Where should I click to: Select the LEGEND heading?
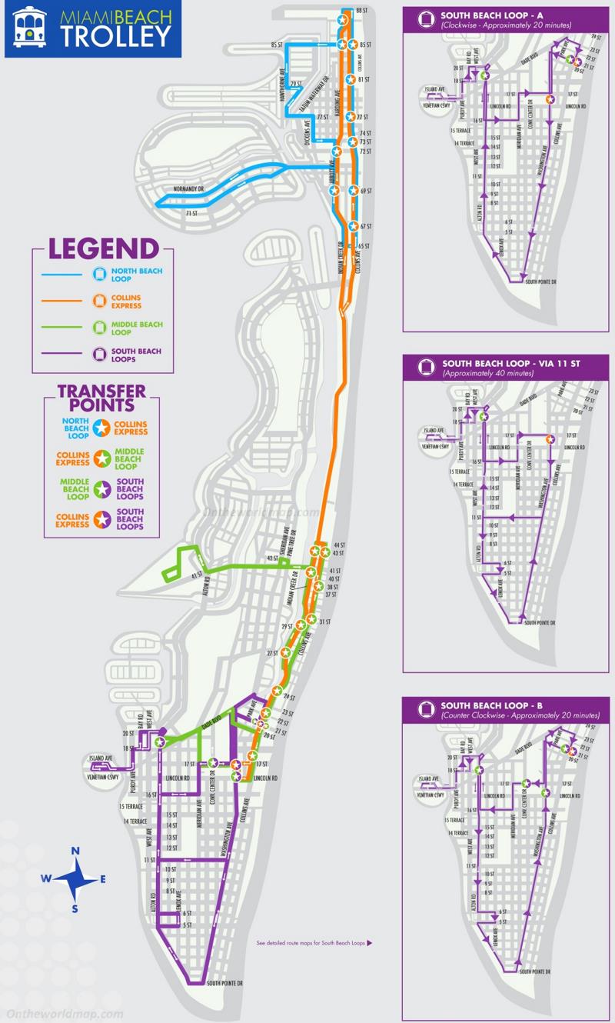click(104, 249)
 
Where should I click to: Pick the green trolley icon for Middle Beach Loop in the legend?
click(98, 328)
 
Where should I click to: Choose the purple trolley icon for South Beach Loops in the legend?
click(98, 355)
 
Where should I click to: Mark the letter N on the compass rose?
click(75, 851)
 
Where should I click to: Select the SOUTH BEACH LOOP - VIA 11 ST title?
click(504, 363)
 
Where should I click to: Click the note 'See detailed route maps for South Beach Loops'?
click(314, 942)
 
